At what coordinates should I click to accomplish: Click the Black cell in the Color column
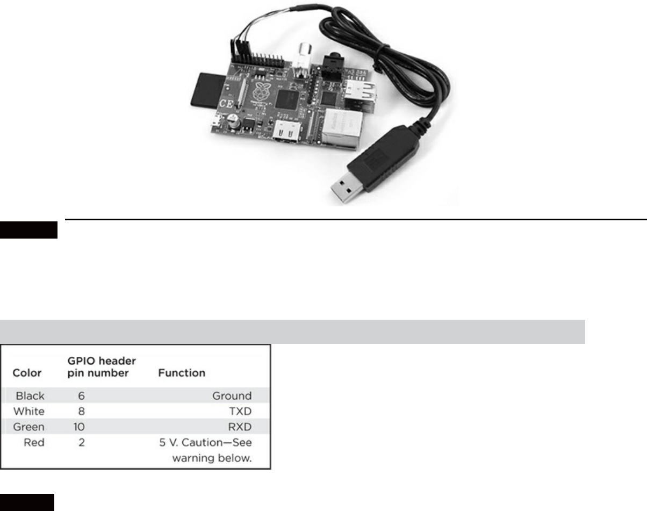point(30,396)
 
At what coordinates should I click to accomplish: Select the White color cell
point(30,412)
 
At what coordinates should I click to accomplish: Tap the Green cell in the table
point(30,427)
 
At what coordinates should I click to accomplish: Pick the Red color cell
point(35,443)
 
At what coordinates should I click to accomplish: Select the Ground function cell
point(232,396)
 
